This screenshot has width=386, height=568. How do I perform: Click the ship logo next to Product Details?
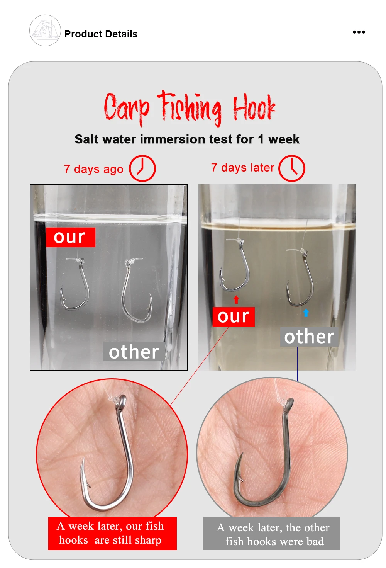point(45,31)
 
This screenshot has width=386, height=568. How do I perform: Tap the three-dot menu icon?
point(359,32)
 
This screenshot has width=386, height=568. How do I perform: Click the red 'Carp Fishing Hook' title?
point(190,108)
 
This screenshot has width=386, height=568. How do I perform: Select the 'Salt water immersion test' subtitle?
point(187,139)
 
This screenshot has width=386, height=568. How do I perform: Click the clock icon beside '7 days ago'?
point(142,168)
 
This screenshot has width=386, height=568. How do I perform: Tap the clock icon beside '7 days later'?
point(291,168)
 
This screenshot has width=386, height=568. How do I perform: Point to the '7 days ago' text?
point(93,169)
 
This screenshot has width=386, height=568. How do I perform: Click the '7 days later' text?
point(243,168)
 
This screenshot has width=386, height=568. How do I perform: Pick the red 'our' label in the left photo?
point(70,237)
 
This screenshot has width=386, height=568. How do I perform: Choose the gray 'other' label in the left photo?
point(134,352)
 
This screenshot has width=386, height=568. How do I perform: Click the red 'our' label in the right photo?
point(234,317)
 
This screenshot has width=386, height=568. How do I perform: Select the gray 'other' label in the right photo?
point(309,337)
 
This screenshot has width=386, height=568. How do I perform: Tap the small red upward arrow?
point(236,299)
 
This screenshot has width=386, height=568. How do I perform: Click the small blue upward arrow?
point(306,313)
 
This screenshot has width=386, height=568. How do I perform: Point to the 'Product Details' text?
point(101,34)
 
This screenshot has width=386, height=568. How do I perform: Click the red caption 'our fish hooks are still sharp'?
point(112,533)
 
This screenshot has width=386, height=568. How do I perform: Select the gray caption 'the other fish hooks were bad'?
point(271,534)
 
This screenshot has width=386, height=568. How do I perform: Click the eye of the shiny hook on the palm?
point(122,401)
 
